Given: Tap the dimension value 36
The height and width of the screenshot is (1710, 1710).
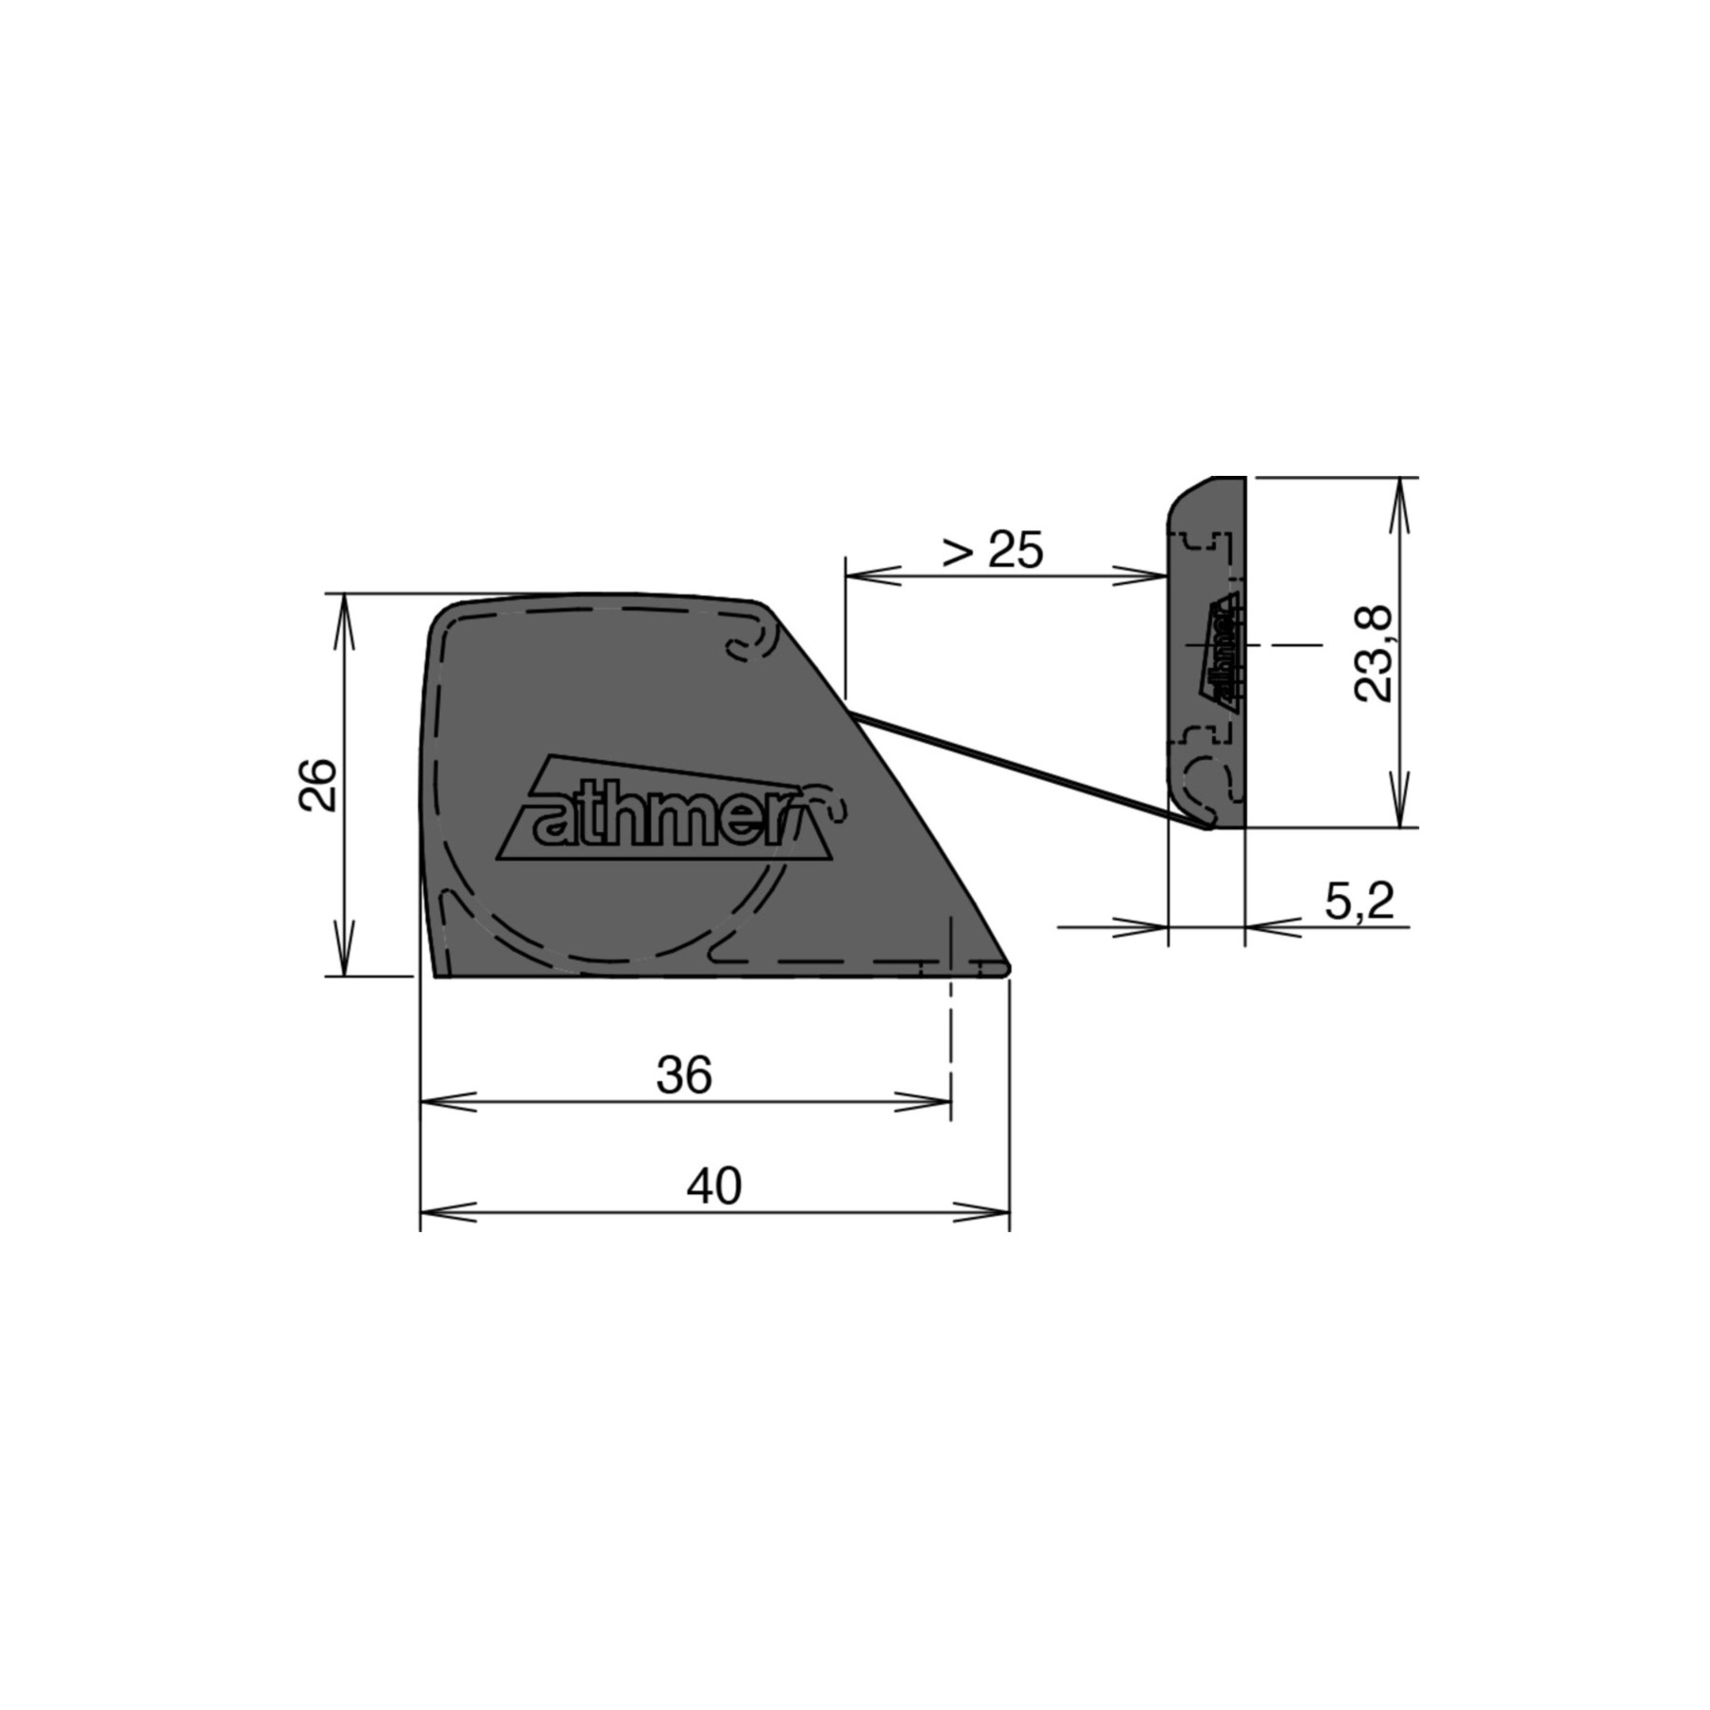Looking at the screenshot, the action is [684, 1075].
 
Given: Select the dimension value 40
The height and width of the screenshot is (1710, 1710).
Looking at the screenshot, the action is [714, 1187].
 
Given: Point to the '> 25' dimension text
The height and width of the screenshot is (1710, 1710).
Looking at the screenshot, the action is [993, 549].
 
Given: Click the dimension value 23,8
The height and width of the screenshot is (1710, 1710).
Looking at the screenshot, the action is [1374, 653].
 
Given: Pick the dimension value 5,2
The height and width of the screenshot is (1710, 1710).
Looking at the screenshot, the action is [1359, 901].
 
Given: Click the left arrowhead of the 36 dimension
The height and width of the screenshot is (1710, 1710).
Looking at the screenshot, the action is [448, 1102].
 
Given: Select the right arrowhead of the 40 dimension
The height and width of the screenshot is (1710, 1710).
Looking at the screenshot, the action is [981, 1212].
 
